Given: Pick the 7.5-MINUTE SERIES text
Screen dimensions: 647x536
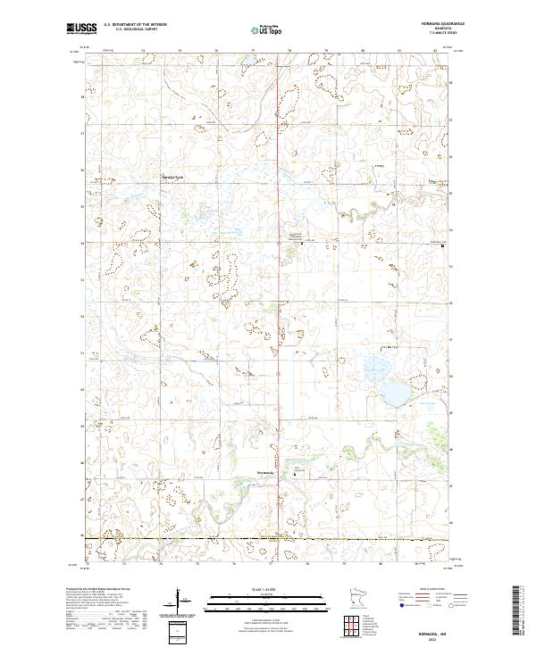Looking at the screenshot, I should point(427,35).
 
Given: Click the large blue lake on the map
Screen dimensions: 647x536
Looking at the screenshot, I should point(392,393).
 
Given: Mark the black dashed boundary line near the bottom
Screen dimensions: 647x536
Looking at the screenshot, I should point(268,539).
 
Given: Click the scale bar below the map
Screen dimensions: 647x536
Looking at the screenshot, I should point(268,599).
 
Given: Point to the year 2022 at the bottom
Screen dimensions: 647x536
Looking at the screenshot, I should point(429,635).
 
